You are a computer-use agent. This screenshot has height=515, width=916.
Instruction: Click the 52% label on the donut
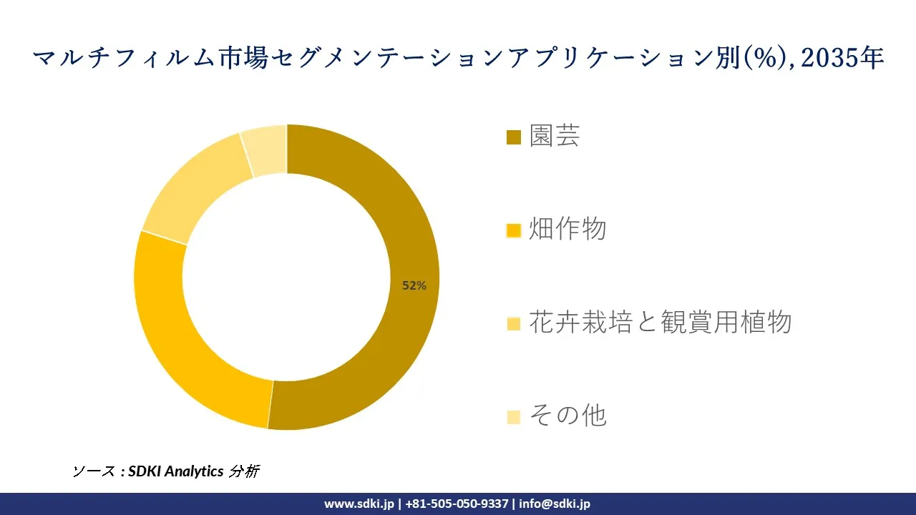tap(414, 285)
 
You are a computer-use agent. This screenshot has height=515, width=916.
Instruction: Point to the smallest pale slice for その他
tap(265, 149)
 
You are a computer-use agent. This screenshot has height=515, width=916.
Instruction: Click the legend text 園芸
tap(555, 136)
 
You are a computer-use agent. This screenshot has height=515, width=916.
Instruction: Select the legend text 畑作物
tap(567, 230)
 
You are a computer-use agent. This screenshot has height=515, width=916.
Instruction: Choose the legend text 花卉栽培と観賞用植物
tap(660, 323)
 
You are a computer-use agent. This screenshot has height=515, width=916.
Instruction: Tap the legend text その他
tap(567, 416)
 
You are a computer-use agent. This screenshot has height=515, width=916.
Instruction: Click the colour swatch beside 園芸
tap(513, 137)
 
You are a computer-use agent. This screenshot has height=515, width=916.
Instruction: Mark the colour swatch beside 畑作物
tap(513, 230)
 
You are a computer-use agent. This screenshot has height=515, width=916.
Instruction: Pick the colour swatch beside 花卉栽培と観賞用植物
tap(513, 323)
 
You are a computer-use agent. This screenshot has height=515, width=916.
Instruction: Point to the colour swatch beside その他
tap(513, 416)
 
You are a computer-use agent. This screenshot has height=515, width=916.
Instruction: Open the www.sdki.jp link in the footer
tap(359, 504)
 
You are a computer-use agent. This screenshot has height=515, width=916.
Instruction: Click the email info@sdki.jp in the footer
tap(555, 504)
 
